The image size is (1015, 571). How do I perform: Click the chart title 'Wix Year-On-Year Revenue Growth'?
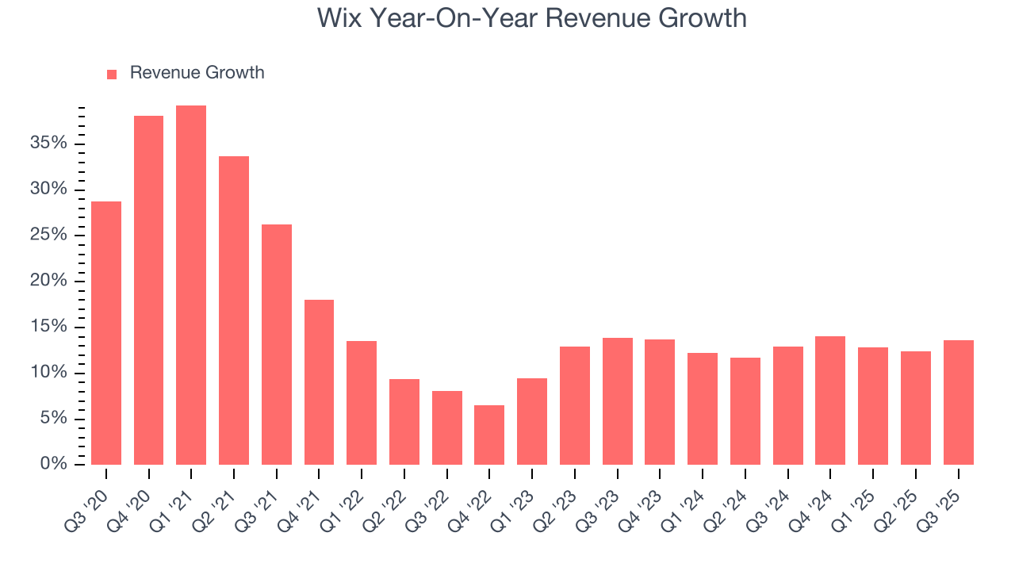pyautogui.click(x=531, y=17)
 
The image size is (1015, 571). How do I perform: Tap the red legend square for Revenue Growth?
pyautogui.click(x=112, y=74)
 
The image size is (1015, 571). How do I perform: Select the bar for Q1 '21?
pyautogui.click(x=191, y=285)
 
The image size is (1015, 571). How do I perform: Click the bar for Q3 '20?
pyautogui.click(x=106, y=333)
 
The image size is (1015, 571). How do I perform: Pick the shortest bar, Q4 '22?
pyautogui.click(x=489, y=435)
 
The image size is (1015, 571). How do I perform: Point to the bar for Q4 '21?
pyautogui.click(x=319, y=382)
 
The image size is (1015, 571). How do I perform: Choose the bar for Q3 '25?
pyautogui.click(x=958, y=402)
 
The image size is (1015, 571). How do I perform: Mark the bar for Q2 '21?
pyautogui.click(x=234, y=310)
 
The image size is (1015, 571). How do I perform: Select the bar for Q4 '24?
pyautogui.click(x=830, y=400)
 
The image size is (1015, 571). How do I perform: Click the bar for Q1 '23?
pyautogui.click(x=532, y=421)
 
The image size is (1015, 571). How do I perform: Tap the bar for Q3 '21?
pyautogui.click(x=277, y=344)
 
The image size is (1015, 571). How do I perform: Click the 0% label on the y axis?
pyautogui.click(x=53, y=464)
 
